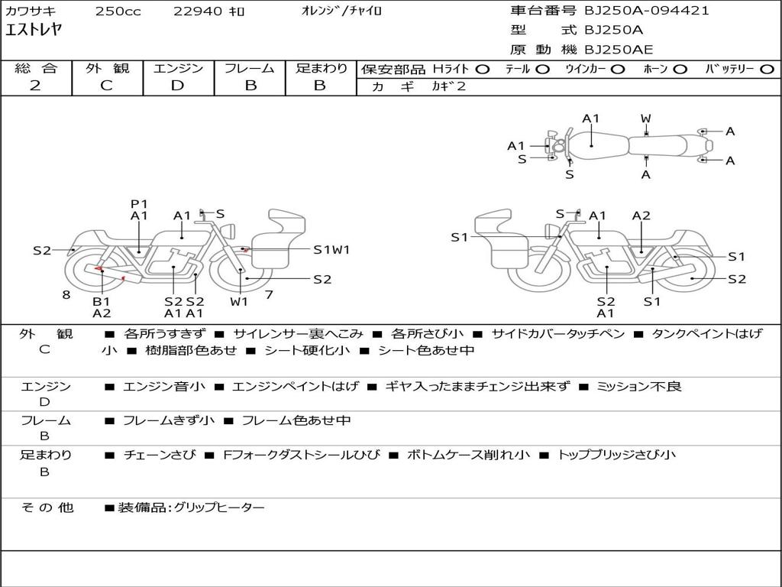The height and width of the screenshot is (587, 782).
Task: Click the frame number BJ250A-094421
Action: click(646, 11)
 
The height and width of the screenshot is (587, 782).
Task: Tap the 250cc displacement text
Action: click(118, 11)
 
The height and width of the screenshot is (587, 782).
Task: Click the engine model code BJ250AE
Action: click(619, 50)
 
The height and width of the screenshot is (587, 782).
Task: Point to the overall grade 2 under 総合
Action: click(35, 86)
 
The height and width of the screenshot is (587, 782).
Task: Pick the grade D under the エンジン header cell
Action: click(177, 86)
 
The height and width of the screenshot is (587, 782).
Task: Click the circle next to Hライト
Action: click(483, 70)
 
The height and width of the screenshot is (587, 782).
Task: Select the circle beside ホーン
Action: click(680, 70)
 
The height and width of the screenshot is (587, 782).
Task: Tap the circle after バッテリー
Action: click(767, 70)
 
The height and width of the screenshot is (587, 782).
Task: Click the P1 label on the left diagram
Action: click(139, 203)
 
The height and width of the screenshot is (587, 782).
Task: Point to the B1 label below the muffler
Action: click(102, 301)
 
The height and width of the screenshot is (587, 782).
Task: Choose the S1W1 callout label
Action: click(331, 250)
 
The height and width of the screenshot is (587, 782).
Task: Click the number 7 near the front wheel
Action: click(269, 294)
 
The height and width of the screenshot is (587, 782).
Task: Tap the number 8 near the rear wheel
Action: click(66, 294)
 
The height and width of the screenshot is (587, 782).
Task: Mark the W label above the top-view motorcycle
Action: click(646, 118)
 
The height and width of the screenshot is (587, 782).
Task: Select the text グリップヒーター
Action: click(219, 508)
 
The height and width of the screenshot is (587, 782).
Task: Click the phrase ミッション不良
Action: click(639, 386)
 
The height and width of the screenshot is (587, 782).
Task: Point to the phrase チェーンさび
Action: click(160, 455)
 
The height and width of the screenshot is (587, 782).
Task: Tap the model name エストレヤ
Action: click(34, 30)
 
